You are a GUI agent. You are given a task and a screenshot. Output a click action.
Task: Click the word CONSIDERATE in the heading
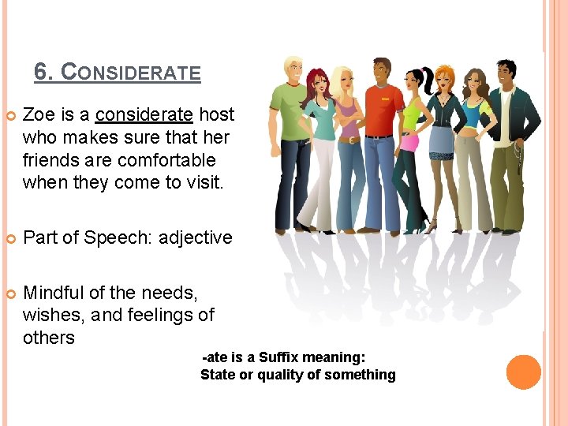pyautogui.click(x=131, y=73)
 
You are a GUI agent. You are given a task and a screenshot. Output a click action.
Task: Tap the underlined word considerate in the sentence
pyautogui.click(x=144, y=114)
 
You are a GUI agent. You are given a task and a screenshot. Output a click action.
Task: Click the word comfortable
pyautogui.click(x=166, y=160)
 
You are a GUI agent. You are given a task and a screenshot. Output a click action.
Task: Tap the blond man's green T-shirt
pyautogui.click(x=289, y=110)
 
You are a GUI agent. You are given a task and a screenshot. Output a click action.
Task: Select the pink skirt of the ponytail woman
pyautogui.click(x=409, y=142)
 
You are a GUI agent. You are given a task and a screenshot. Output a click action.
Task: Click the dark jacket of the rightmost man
pyautogui.click(x=525, y=118)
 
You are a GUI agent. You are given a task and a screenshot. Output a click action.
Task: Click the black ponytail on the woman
pyautogui.click(x=428, y=79)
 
